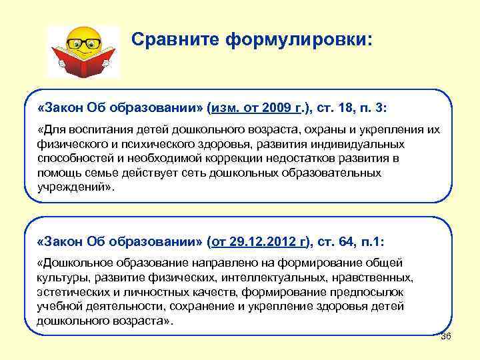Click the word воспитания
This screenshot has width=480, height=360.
(96, 129)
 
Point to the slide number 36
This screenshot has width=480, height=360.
(446, 336)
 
